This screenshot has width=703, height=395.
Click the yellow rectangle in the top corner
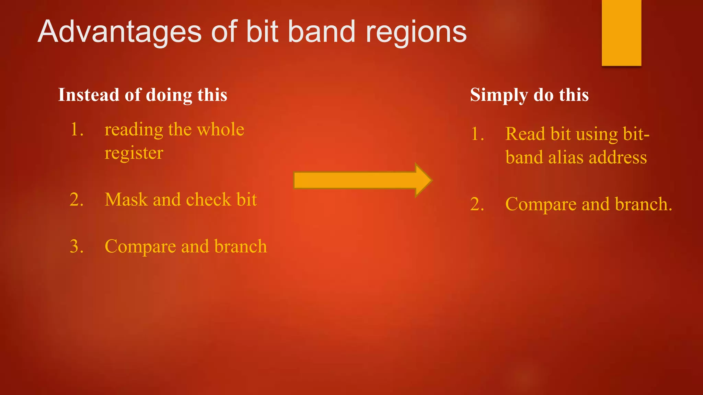click(621, 33)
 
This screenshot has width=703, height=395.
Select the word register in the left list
click(134, 153)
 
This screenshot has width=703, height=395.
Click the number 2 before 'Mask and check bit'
click(77, 200)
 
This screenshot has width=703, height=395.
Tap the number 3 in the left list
click(77, 247)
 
